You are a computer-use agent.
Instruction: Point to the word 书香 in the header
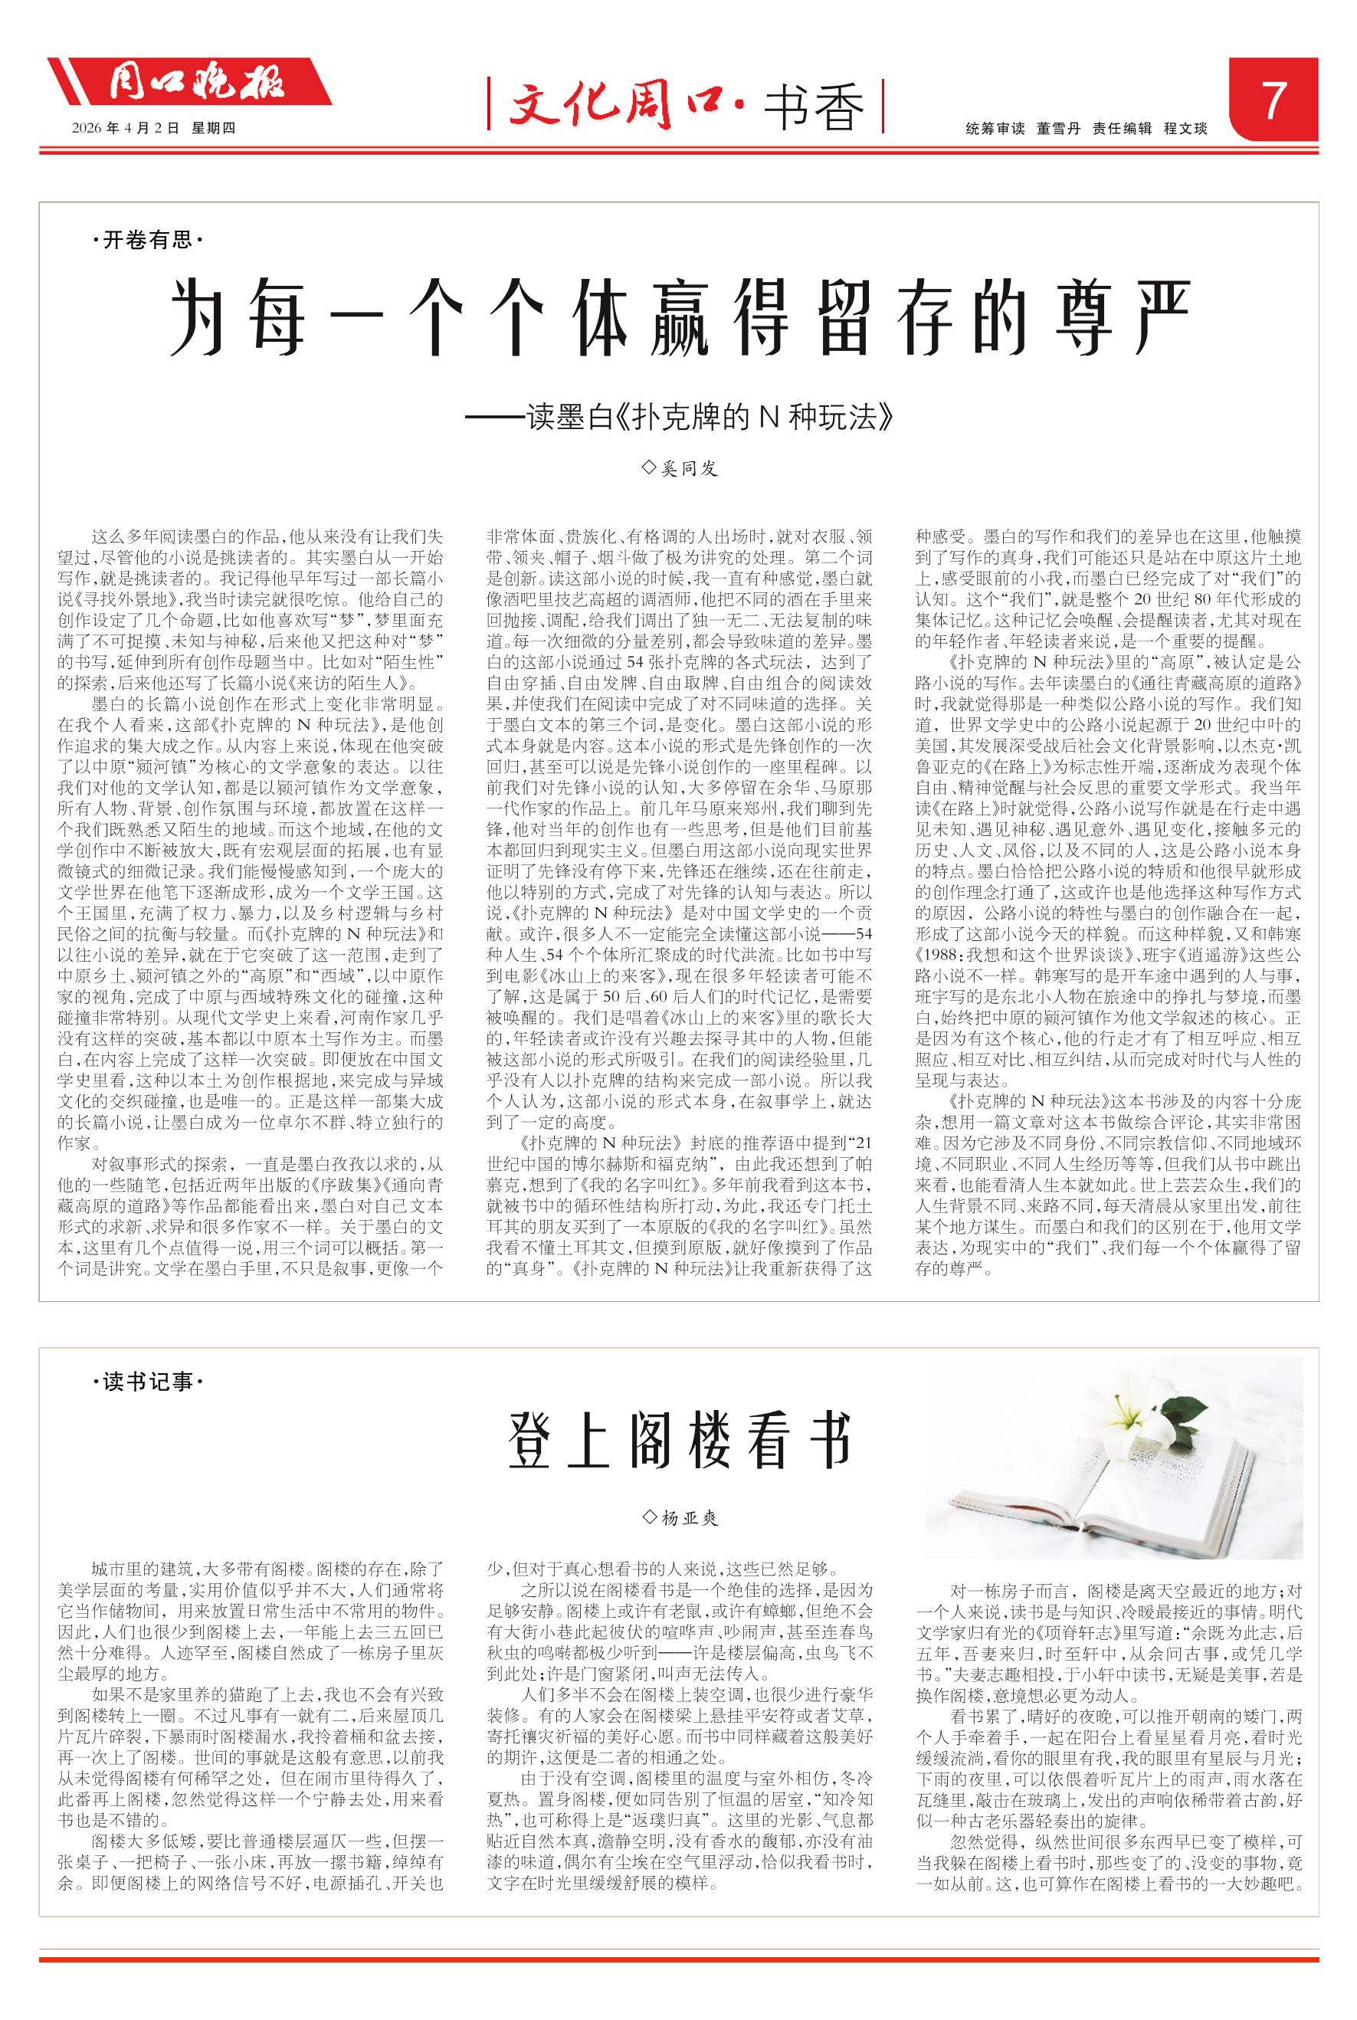click(x=814, y=110)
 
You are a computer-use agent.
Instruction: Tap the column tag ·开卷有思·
click(x=146, y=241)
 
